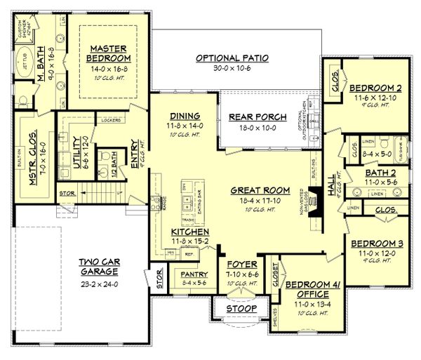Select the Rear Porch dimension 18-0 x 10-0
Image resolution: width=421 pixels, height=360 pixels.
(250, 128)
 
